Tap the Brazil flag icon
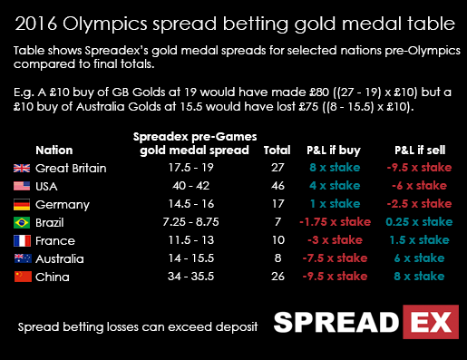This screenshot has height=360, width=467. (x=21, y=222)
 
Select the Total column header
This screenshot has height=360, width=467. (x=277, y=150)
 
